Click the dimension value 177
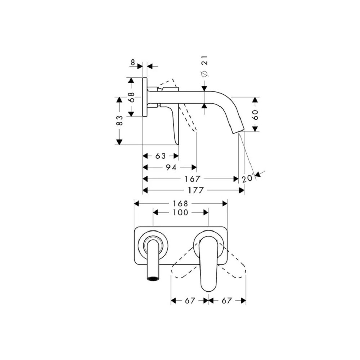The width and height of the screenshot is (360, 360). point(196,190)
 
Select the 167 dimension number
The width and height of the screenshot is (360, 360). point(193,179)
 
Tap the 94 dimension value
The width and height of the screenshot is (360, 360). point(171,167)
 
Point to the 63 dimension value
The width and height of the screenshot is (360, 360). point(161,156)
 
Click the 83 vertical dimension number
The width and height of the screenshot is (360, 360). point(120,120)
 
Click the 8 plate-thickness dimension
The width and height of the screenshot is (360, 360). point(133,62)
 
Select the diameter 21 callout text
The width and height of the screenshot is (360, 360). point(204,66)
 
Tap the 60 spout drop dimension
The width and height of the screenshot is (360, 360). point(255,114)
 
